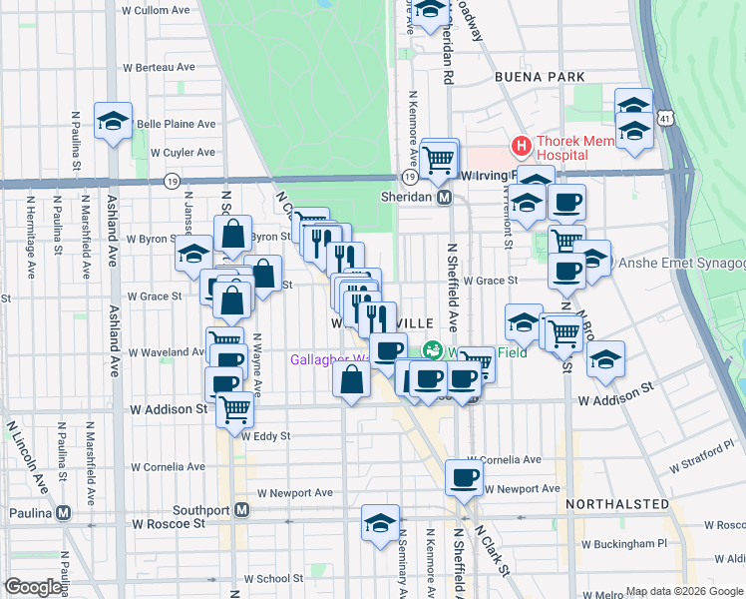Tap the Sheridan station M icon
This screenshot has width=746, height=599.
pyautogui.click(x=446, y=198)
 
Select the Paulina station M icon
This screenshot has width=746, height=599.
pyautogui.click(x=64, y=512)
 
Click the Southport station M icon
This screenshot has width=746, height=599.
pyautogui.click(x=240, y=510)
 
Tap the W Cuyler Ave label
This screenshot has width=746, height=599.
pyautogui.click(x=183, y=153)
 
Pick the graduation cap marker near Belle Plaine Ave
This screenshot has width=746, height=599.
pyautogui.click(x=113, y=121)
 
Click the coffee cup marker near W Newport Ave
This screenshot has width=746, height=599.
pyautogui.click(x=464, y=478)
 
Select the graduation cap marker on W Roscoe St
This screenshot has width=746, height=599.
pyautogui.click(x=380, y=523)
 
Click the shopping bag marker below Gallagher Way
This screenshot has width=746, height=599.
pyautogui.click(x=352, y=380)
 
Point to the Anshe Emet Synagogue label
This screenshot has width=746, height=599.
pyautogui.click(x=682, y=264)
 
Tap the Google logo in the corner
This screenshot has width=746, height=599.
pyautogui.click(x=33, y=587)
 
